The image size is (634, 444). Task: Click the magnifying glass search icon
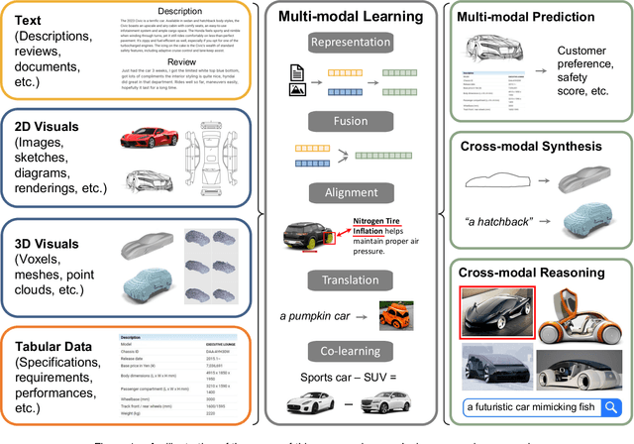[612, 405]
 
